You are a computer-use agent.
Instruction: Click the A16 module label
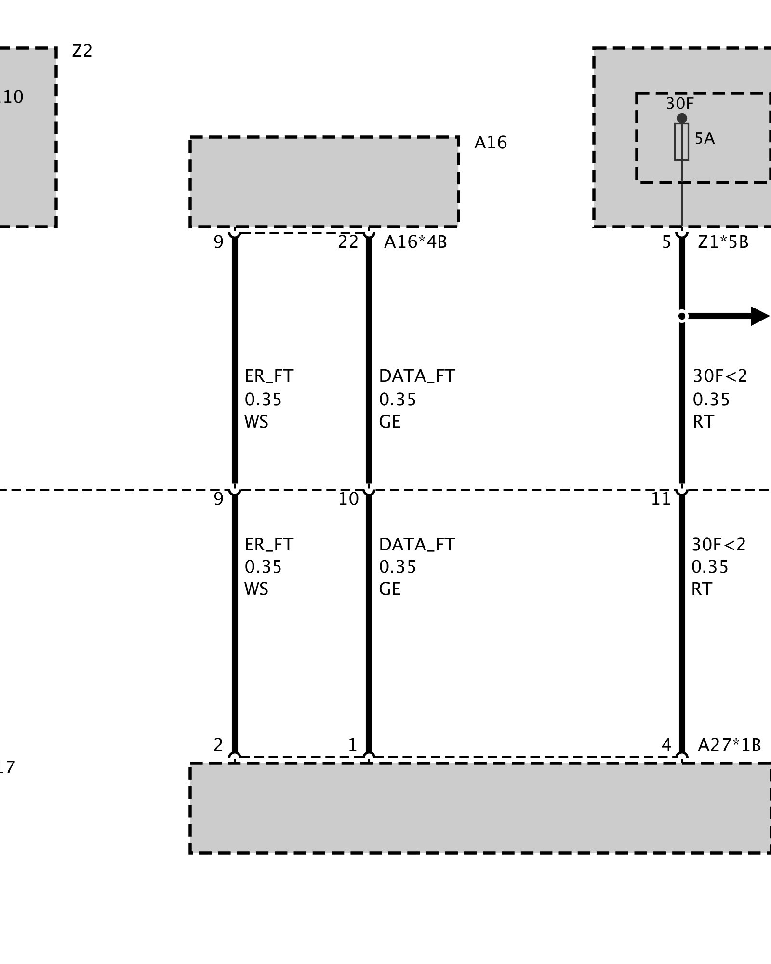490,143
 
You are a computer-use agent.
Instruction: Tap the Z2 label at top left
82,51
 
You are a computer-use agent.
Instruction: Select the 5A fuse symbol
681,141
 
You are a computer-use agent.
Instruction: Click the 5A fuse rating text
705,139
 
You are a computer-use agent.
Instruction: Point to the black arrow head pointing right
760,316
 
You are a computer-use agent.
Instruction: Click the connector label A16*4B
415,242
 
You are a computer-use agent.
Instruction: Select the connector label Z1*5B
723,242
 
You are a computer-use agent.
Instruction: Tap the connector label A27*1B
729,745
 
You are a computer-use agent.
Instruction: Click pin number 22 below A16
348,242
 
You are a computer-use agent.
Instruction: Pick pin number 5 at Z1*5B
666,242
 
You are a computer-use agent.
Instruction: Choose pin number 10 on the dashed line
348,499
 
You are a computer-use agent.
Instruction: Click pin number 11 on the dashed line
661,499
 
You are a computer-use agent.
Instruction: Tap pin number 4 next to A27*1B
666,745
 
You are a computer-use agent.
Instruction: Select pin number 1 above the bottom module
352,745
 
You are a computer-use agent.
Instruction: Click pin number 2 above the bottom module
218,745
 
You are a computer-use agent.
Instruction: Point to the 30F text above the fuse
680,104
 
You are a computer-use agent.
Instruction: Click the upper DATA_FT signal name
417,376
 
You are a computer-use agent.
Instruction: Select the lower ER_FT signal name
269,545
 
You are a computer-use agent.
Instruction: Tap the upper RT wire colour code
703,422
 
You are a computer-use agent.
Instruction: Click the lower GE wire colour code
390,589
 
